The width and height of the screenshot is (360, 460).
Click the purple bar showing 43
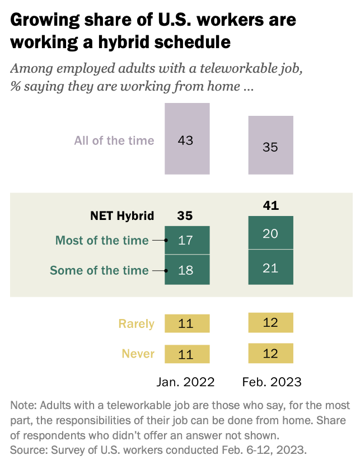pos(186,139)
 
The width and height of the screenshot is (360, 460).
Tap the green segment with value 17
pos(186,240)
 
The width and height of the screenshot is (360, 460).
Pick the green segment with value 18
pos(186,270)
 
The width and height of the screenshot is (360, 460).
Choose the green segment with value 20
pos(270,233)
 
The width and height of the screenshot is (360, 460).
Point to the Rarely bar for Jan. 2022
pos(186,323)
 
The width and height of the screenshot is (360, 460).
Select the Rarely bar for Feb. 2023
pos(270,322)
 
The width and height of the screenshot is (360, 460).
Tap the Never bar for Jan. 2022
pos(186,354)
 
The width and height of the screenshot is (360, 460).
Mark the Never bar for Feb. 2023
pos(270,353)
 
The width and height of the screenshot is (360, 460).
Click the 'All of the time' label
pos(114,140)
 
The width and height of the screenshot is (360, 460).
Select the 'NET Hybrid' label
pos(122,215)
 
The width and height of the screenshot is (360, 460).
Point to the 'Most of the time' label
pos(102,241)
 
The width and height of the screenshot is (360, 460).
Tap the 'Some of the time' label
pos(100,270)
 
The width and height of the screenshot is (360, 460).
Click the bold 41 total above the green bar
pos(270,206)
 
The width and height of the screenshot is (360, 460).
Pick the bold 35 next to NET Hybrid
pos(185,215)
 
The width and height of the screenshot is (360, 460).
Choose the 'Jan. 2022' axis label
pos(185,382)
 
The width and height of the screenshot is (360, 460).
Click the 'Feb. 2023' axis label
pos(272,382)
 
